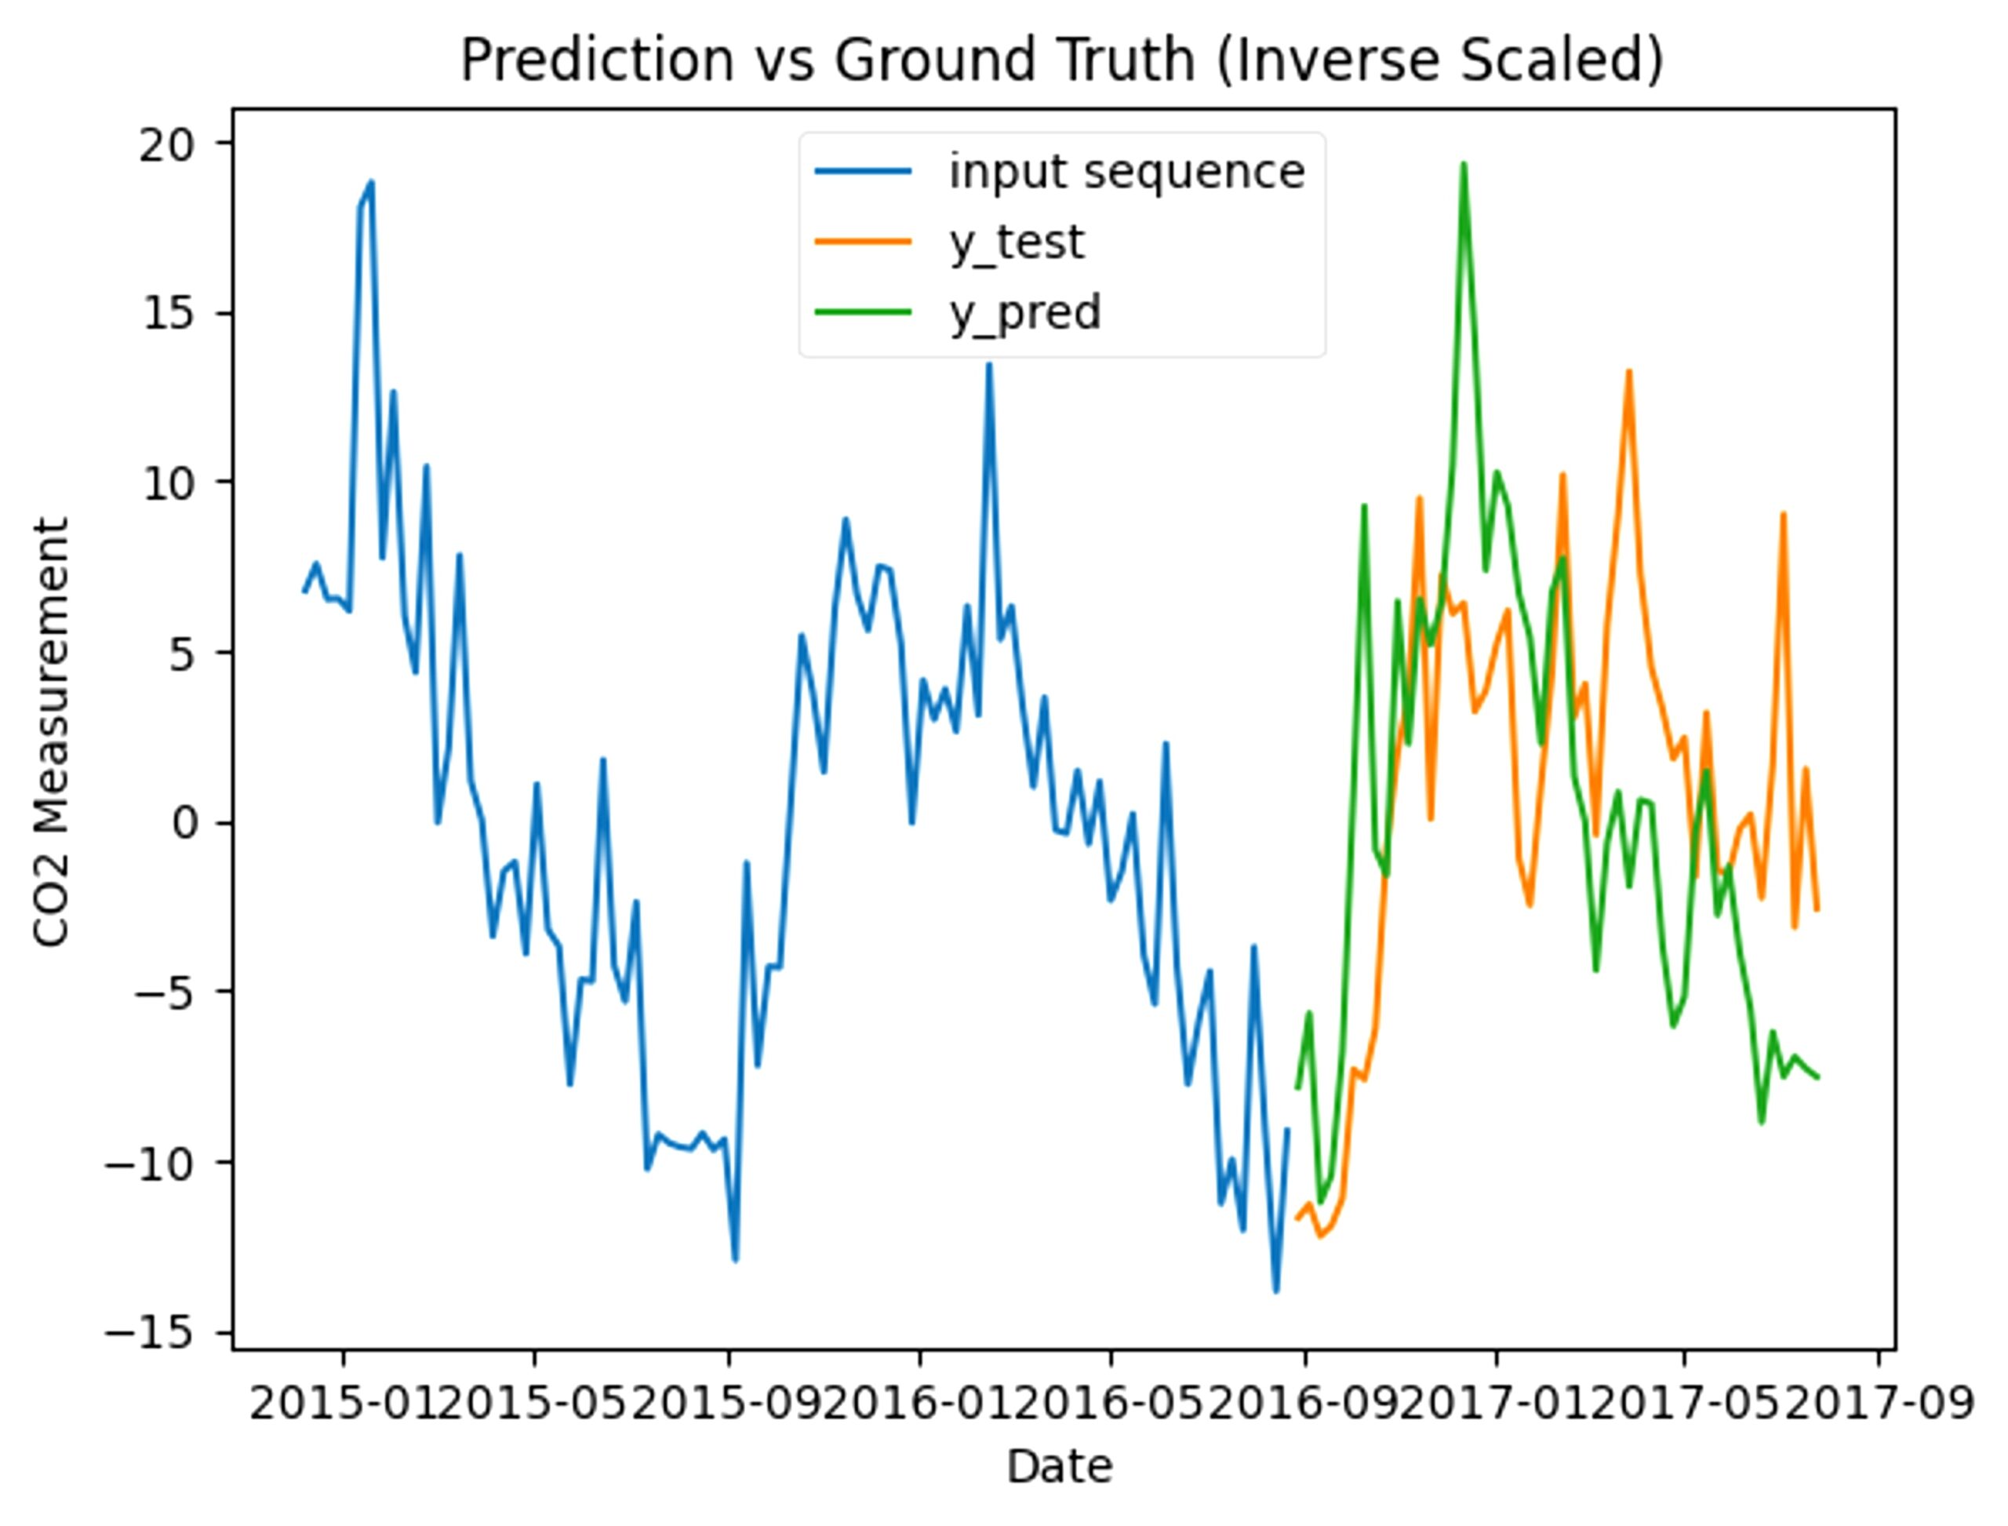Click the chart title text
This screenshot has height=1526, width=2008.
point(1062,60)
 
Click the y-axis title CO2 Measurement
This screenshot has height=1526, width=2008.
point(52,732)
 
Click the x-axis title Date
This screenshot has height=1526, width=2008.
point(1060,1467)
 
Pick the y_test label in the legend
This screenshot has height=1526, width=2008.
point(1017,242)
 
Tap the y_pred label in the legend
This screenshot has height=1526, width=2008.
point(1024,312)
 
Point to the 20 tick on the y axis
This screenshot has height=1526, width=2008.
point(167,144)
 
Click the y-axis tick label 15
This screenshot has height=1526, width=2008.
point(169,313)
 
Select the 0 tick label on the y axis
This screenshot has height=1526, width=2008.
point(184,823)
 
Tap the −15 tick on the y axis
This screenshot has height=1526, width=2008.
point(150,1332)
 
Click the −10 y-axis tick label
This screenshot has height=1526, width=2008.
point(150,1163)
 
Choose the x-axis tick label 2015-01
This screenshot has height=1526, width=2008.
point(344,1404)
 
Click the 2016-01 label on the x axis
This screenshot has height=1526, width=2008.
point(920,1404)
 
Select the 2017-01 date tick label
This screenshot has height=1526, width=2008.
point(1496,1404)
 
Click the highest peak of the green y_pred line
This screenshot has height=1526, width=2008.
point(1463,165)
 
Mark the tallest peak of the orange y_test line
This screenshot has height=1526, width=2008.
point(1629,370)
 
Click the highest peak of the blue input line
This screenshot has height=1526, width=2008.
point(370,182)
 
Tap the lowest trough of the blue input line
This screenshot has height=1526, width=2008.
point(1276,1291)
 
